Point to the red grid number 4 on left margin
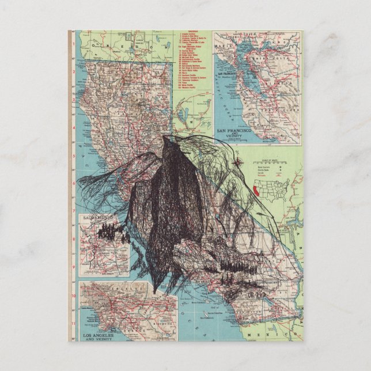click(x=74, y=154)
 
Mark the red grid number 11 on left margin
click(x=74, y=323)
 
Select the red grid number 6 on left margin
click(x=74, y=211)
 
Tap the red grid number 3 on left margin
click(x=74, y=126)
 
